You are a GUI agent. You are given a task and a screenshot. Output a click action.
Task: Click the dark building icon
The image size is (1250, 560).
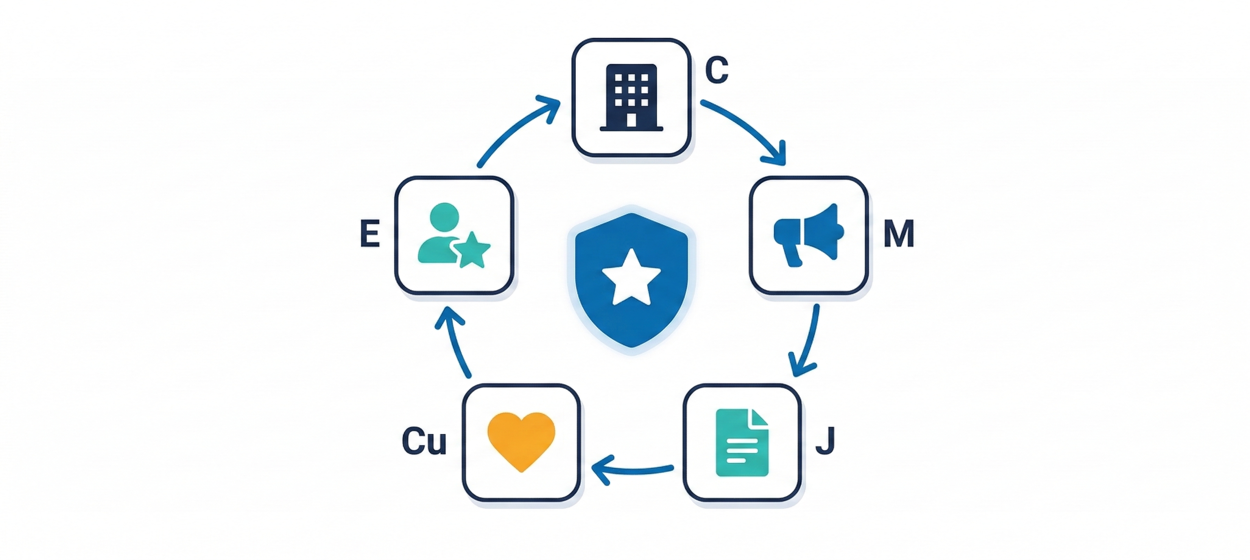point(631,97)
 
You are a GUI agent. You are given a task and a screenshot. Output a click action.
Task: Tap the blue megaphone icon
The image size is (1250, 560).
point(809,234)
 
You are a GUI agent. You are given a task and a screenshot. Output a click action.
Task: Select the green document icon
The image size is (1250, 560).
point(741,442)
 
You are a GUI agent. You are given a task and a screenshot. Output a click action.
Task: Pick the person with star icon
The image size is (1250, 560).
point(453,235)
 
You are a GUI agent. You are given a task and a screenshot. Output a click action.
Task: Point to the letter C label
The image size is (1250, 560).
point(716,70)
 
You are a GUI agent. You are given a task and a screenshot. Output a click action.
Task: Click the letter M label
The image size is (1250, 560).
point(899,234)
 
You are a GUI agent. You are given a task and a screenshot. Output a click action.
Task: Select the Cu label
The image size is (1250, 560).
point(424,441)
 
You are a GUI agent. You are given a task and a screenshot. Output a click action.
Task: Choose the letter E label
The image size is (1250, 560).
point(370,234)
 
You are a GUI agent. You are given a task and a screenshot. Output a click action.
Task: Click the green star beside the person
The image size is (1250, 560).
point(471,251)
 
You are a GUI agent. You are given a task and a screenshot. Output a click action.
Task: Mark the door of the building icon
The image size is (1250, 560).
point(632,119)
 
